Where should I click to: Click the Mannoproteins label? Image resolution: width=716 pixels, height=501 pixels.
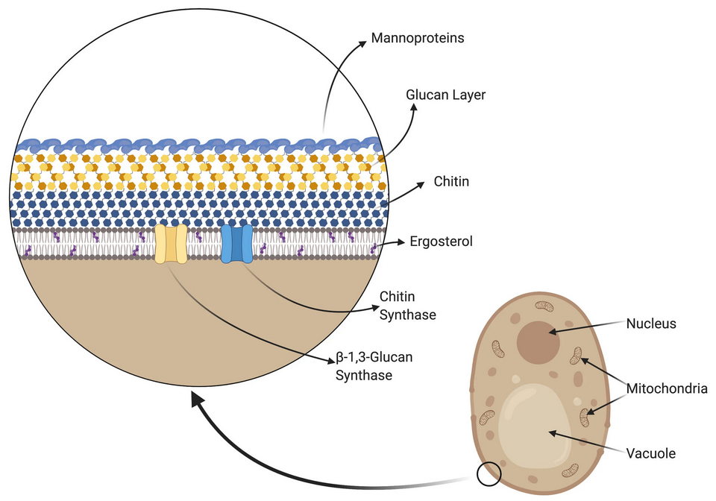(x=417, y=37)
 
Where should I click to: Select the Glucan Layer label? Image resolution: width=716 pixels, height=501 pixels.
(x=445, y=95)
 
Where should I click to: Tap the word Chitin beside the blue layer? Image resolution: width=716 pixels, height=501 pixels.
(x=451, y=181)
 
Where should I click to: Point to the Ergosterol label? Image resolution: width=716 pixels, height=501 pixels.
(x=441, y=242)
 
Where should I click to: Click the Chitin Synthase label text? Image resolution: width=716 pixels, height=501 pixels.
(x=408, y=306)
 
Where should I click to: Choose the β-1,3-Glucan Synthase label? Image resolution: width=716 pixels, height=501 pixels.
(x=374, y=366)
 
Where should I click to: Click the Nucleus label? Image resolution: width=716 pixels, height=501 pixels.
(x=650, y=324)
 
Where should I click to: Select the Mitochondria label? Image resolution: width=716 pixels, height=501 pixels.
(x=666, y=388)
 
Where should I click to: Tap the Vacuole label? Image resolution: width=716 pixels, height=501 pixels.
(x=651, y=453)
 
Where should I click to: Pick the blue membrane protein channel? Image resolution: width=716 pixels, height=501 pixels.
(x=236, y=244)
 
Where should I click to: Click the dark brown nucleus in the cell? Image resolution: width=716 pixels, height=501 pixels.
(x=539, y=342)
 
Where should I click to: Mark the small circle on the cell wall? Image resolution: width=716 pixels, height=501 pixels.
(x=489, y=473)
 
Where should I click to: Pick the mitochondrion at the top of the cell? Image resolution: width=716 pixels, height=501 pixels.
(x=544, y=306)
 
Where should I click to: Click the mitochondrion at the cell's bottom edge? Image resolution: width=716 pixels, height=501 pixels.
(x=569, y=470)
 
